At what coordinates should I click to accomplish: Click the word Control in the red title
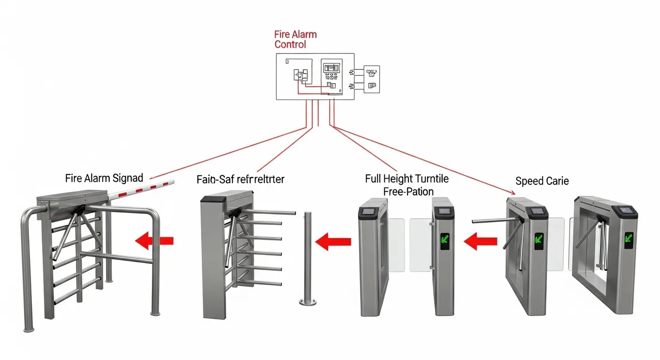(x=290, y=45)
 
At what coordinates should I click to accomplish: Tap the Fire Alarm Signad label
(x=104, y=178)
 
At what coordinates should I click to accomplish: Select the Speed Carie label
(x=542, y=181)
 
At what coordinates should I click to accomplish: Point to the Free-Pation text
(x=408, y=191)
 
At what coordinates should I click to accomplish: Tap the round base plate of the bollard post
(x=307, y=303)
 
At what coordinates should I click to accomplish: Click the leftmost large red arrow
(x=154, y=240)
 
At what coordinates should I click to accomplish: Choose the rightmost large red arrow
(x=480, y=241)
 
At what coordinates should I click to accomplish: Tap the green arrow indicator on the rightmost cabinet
(x=628, y=240)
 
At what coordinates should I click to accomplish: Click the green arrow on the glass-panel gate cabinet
(x=444, y=241)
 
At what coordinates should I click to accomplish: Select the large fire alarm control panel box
(x=315, y=76)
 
